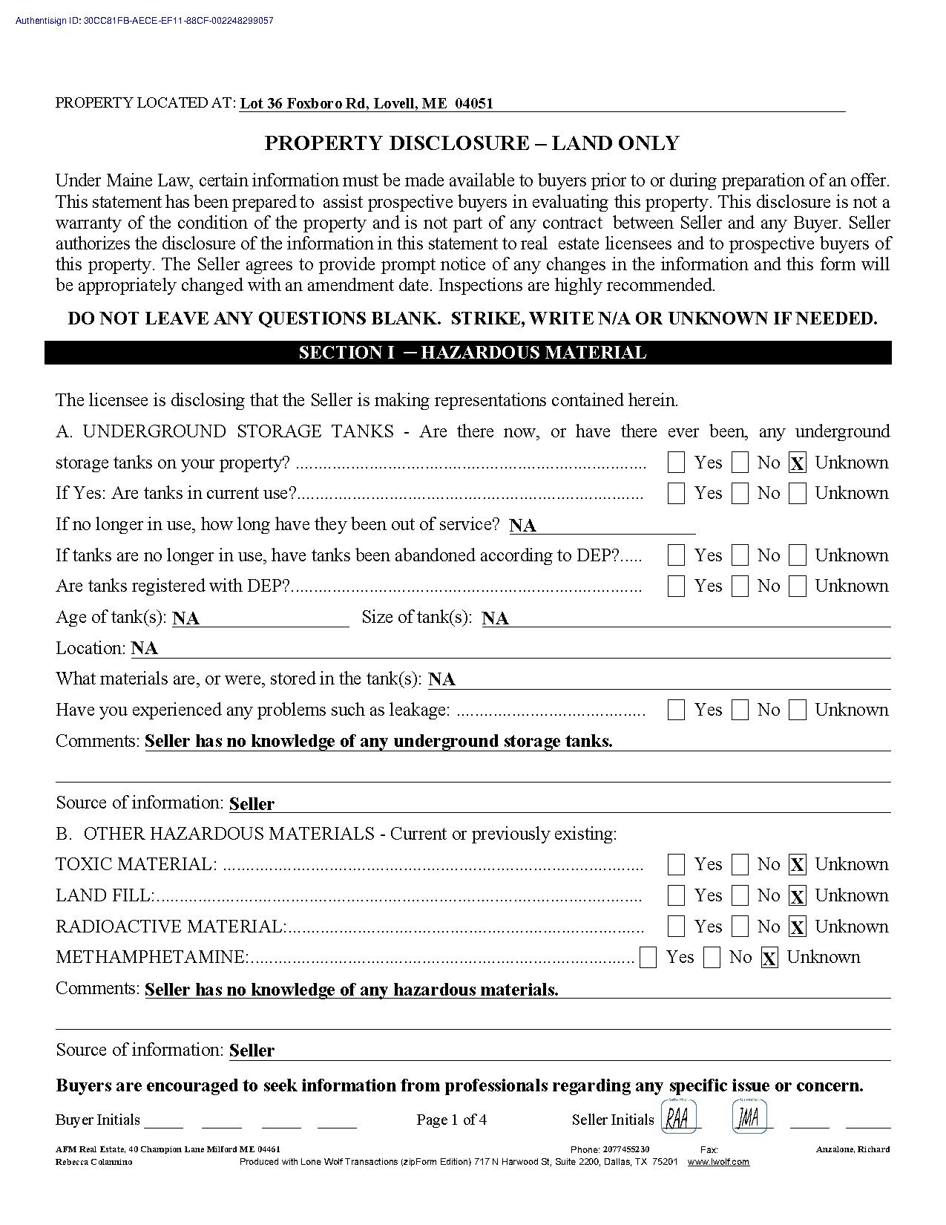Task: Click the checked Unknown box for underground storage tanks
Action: (x=797, y=463)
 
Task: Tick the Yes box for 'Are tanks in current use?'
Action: (x=676, y=494)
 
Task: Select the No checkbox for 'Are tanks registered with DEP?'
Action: (x=740, y=587)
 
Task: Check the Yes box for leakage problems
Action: (x=676, y=710)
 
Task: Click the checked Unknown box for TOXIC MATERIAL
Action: (x=797, y=865)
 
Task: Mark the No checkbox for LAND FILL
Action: (x=740, y=896)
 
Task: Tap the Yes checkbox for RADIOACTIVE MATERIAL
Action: (x=676, y=927)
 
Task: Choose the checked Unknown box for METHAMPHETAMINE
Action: (x=769, y=958)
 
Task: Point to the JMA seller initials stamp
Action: (x=749, y=1117)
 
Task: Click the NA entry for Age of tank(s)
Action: (x=185, y=618)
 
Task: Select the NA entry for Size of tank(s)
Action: (x=495, y=618)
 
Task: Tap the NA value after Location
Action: (x=145, y=649)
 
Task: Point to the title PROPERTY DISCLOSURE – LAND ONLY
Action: (x=472, y=143)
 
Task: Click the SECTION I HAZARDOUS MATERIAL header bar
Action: (x=472, y=353)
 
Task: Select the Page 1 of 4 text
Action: (x=451, y=1120)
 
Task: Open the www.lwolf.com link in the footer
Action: (x=717, y=1162)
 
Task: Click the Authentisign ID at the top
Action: (x=144, y=21)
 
